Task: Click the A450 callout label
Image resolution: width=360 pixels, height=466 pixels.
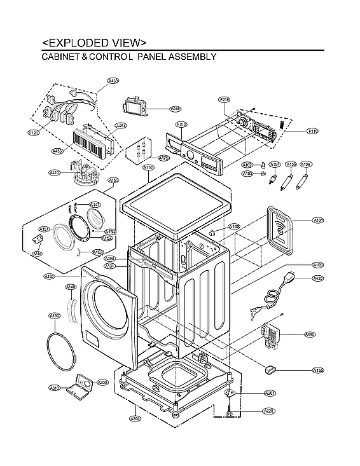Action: pos(113,81)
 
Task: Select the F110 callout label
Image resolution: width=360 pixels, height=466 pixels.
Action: pos(312,132)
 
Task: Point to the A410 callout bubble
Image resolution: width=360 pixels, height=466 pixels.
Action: pos(55,172)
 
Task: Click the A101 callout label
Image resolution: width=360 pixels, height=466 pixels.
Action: pos(318,221)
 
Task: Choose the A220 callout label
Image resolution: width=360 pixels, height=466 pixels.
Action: pos(270,411)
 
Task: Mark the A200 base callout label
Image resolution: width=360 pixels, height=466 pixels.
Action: pos(135,419)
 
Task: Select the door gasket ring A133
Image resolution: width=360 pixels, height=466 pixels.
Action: pos(62,350)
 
